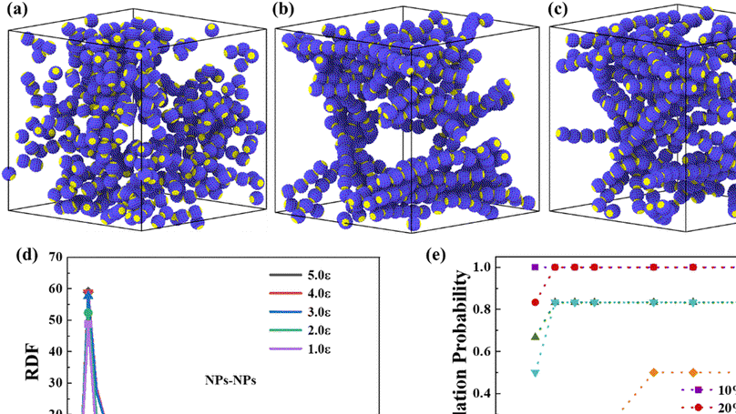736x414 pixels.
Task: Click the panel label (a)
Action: click(15, 12)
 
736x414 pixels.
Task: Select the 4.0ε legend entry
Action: click(310, 293)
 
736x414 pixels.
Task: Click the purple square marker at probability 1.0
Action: click(536, 268)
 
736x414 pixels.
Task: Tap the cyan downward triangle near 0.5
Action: click(536, 373)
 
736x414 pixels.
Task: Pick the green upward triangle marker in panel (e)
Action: click(536, 337)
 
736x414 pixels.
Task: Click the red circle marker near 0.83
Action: click(536, 302)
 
